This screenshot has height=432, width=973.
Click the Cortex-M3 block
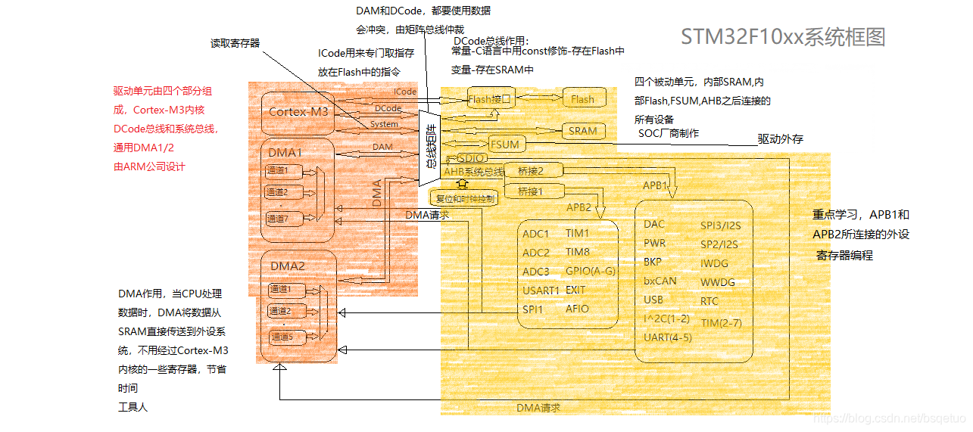click(298, 111)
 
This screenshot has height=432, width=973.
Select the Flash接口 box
click(491, 99)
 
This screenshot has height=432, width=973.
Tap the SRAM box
click(582, 130)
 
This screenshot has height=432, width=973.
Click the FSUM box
click(504, 144)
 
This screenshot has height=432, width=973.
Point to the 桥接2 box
click(530, 172)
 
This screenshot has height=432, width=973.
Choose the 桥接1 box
click(530, 192)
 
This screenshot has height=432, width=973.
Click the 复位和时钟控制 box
click(464, 199)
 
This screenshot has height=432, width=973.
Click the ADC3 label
click(536, 272)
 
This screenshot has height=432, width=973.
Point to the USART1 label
click(541, 291)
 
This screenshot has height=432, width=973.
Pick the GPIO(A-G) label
click(591, 272)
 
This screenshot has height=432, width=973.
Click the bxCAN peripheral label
click(660, 281)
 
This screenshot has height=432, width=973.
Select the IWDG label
click(714, 263)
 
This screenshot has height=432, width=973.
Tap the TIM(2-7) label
click(722, 322)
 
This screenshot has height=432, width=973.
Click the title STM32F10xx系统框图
click(783, 37)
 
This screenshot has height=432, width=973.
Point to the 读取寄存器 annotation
click(235, 43)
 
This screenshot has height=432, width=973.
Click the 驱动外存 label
click(781, 139)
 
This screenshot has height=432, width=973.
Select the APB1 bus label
click(655, 185)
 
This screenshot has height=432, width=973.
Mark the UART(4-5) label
click(667, 337)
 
